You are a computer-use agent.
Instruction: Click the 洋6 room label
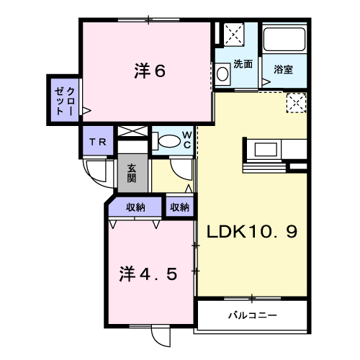150,71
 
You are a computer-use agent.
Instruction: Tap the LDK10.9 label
252,231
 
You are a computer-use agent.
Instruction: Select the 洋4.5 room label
148,274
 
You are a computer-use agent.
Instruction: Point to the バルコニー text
252,315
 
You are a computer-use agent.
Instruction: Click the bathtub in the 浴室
284,40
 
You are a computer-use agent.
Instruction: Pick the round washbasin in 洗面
222,73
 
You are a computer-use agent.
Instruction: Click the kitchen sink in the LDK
266,149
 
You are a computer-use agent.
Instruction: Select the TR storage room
98,141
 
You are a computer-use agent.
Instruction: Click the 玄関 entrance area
132,173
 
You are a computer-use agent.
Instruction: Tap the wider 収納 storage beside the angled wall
135,207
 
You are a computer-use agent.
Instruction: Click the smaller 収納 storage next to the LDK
179,207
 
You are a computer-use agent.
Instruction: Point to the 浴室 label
284,69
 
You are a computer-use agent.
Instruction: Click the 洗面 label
243,64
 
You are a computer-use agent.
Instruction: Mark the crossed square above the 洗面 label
233,34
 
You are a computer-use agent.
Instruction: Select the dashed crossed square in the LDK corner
296,103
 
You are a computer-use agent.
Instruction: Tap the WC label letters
187,140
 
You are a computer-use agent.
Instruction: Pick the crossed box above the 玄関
132,131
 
